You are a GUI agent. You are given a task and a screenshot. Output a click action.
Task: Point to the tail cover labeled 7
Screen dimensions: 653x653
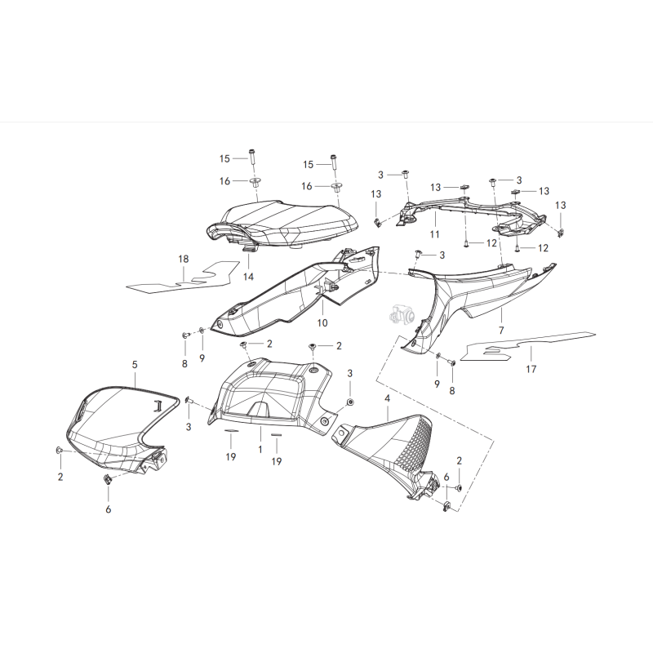490,294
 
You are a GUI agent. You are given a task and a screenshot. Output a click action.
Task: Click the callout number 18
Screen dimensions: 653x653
184,259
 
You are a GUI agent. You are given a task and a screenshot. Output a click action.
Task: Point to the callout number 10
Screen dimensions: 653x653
322,323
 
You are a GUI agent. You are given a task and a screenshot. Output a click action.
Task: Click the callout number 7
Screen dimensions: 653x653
501,331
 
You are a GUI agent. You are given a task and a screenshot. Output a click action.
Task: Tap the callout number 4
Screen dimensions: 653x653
388,398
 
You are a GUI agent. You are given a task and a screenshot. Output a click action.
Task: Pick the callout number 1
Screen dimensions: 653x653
260,450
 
